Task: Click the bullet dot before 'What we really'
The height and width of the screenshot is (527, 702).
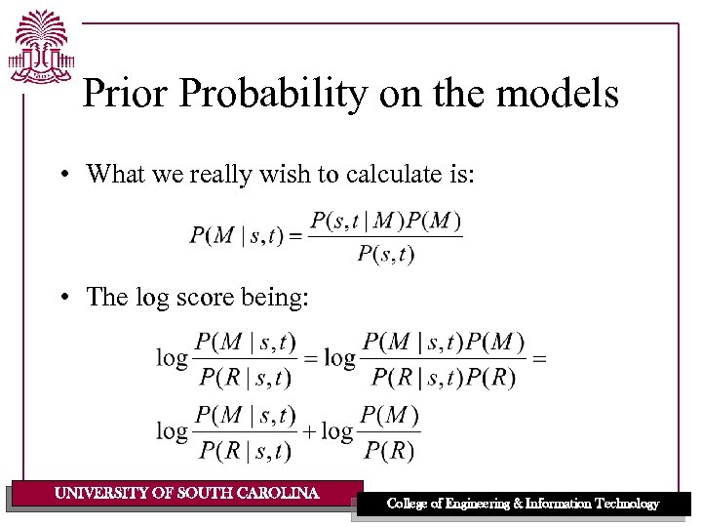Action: point(61,175)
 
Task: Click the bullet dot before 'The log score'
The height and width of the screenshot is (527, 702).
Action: point(61,297)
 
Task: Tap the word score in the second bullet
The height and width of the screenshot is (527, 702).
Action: point(204,297)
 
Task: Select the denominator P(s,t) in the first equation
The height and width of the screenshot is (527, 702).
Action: point(385,255)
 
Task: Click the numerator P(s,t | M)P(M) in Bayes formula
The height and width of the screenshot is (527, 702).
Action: point(385,221)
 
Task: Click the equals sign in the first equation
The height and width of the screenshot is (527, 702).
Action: point(298,236)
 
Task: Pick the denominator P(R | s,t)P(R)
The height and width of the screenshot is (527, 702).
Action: point(443,378)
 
